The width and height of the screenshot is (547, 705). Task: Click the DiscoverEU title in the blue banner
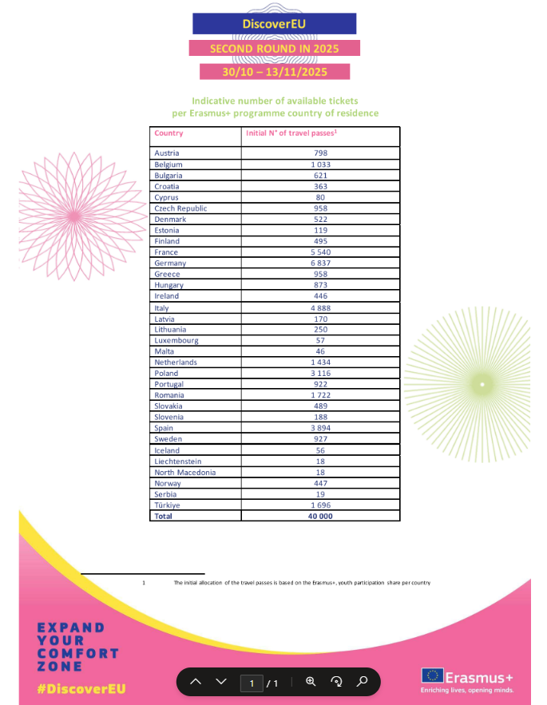click(x=274, y=24)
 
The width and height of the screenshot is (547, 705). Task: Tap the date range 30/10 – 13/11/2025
click(x=274, y=71)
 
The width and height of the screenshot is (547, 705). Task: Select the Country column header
click(x=168, y=133)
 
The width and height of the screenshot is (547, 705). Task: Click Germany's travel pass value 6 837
click(x=320, y=263)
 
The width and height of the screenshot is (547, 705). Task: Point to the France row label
click(x=166, y=252)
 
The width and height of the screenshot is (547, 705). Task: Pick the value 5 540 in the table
click(x=320, y=252)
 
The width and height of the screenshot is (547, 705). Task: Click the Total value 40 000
click(x=320, y=517)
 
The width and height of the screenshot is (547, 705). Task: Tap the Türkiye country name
click(x=168, y=505)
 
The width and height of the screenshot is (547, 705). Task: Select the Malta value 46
click(x=320, y=351)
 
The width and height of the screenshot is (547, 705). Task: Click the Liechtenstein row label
click(x=178, y=461)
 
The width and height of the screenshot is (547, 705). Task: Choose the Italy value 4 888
click(x=320, y=307)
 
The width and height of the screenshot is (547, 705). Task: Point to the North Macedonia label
click(x=184, y=472)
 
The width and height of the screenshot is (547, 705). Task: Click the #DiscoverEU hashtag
click(x=81, y=688)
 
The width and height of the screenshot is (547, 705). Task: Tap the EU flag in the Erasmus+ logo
click(x=434, y=675)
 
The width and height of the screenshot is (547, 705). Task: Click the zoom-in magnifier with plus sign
click(x=311, y=682)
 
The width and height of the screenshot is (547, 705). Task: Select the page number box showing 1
click(x=252, y=683)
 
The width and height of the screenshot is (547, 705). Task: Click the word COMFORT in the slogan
click(x=77, y=653)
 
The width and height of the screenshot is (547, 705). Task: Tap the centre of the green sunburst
click(x=482, y=385)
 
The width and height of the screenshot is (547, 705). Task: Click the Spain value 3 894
click(x=320, y=428)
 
